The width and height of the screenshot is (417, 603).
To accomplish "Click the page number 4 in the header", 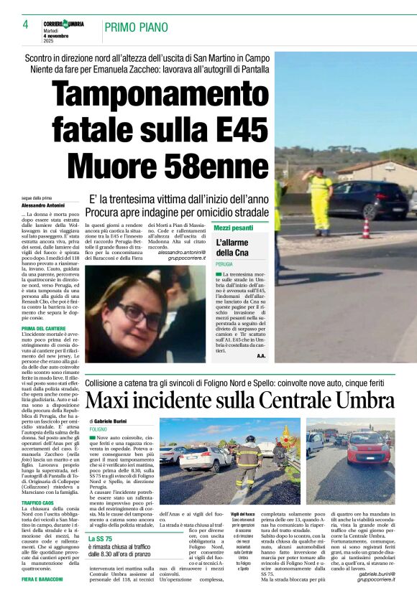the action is pos(25,25).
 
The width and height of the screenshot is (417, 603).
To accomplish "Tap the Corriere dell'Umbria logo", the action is pos(64,24).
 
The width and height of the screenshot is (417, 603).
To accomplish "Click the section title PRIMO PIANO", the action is pos(136,27).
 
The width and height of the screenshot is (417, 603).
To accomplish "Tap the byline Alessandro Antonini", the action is pos(45,206).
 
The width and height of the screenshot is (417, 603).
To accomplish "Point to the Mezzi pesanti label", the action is pos(234,228).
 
